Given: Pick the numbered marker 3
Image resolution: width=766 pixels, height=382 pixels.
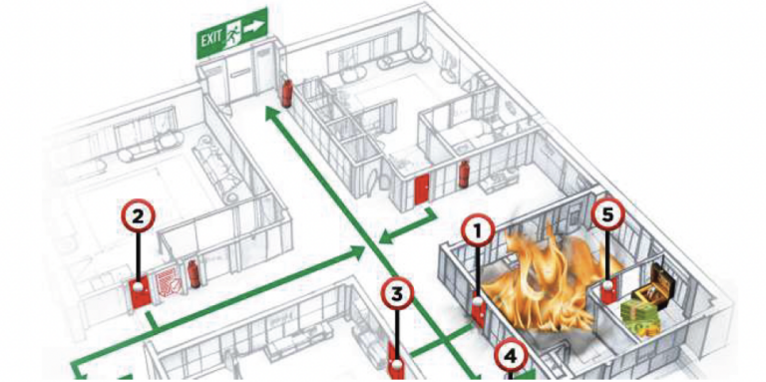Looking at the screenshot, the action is [x=398, y=292].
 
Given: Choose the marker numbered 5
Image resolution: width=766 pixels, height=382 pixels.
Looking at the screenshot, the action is [x=607, y=212].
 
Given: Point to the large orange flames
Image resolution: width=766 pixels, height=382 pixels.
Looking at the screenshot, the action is [x=539, y=279].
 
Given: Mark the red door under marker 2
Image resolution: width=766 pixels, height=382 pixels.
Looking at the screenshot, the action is [x=141, y=290].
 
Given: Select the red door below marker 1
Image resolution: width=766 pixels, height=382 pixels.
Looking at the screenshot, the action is [x=480, y=312].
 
